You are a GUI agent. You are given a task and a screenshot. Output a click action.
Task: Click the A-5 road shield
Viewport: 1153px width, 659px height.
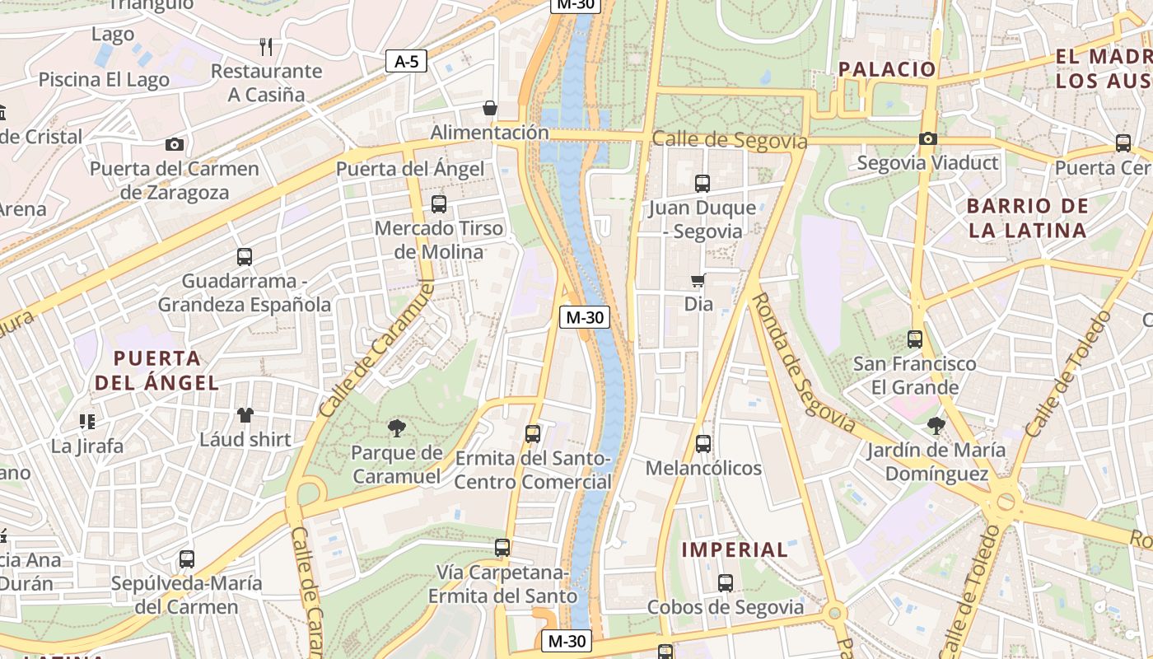pos(406,60)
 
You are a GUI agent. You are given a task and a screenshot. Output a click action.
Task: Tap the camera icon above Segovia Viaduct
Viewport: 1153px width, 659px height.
pos(927,138)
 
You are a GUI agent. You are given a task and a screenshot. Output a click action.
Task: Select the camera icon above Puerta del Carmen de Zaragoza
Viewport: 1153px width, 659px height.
pos(175,145)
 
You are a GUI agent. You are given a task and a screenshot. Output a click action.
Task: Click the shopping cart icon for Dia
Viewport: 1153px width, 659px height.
pos(698,280)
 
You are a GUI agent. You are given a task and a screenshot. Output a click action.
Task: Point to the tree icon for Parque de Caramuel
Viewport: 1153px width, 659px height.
pos(397,428)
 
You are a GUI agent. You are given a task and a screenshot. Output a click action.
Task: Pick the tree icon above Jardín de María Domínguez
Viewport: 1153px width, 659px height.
pos(936,426)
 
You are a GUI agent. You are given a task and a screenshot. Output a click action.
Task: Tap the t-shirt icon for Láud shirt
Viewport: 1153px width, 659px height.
pos(245,414)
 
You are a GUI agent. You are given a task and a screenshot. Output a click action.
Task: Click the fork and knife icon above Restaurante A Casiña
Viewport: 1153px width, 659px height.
pos(265,46)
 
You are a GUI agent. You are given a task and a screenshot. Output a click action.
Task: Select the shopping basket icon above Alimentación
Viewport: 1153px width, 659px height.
pos(490,108)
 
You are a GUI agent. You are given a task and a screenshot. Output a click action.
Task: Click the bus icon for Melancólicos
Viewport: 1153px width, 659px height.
pos(703,444)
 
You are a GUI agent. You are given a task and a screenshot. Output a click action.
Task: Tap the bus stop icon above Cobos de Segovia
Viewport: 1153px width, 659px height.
pos(725,583)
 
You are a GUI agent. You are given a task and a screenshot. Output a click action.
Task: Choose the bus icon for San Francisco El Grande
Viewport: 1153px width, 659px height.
pos(914,339)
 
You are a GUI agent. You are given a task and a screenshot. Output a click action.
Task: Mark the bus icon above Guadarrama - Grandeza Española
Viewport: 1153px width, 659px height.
pos(245,256)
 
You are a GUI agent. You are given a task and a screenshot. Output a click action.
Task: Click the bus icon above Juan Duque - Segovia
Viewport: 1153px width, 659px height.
pos(702,184)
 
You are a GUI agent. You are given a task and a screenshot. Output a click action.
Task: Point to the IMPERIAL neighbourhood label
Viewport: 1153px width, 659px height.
pos(735,549)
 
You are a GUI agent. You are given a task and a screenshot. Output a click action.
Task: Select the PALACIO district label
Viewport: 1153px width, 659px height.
pos(887,69)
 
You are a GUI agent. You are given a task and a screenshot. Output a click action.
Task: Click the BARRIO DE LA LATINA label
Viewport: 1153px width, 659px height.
pos(1027,218)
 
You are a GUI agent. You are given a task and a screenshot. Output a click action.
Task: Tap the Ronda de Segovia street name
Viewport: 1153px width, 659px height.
pos(804,362)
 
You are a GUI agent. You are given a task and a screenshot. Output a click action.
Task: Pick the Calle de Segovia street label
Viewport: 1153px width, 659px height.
pos(729,140)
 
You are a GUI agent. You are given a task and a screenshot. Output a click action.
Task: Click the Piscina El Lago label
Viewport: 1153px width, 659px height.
pos(104,80)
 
